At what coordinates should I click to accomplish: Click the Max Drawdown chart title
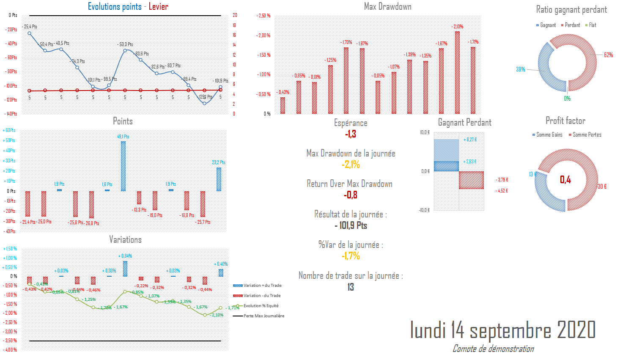(387, 6)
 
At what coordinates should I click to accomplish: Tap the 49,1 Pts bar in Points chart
(123, 166)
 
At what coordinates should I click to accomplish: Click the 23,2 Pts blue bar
(219, 179)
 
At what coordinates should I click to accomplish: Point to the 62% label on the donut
(608, 55)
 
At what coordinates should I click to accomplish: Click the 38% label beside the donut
(521, 69)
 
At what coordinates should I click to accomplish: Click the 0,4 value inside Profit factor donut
(565, 180)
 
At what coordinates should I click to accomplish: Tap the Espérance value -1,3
(351, 134)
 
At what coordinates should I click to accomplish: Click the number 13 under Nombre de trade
(351, 287)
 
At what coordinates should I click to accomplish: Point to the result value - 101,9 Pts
(351, 225)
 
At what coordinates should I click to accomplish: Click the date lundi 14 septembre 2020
(502, 330)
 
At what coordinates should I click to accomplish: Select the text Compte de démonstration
(493, 349)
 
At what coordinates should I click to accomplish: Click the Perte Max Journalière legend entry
(263, 316)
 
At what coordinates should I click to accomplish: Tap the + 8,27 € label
(470, 140)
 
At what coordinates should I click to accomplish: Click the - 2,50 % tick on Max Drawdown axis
(263, 16)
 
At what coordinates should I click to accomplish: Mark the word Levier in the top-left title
(159, 6)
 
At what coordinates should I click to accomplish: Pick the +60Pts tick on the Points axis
(9, 130)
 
